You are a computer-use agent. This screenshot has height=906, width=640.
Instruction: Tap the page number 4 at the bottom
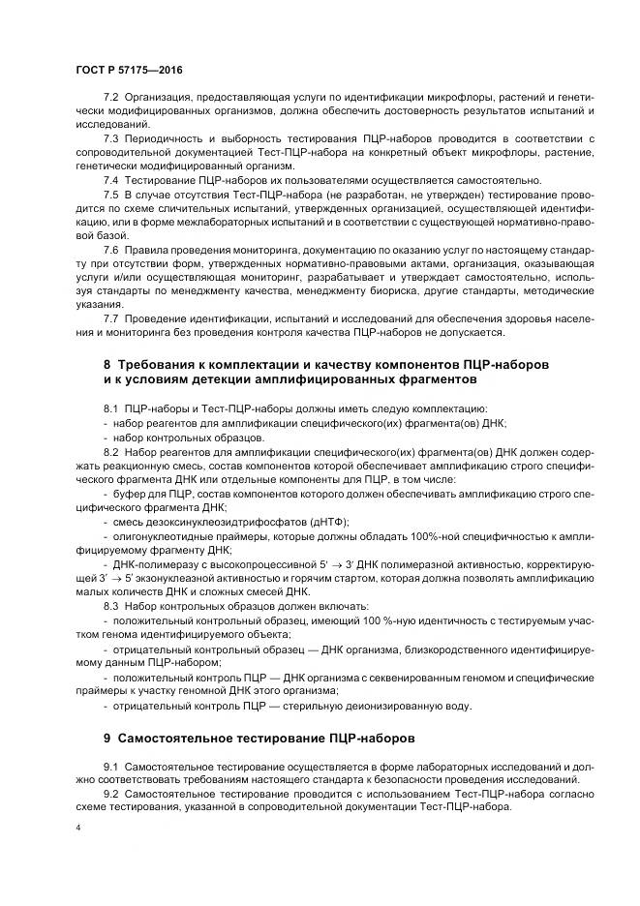(x=77, y=830)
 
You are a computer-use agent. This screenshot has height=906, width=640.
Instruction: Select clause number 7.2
(x=109, y=99)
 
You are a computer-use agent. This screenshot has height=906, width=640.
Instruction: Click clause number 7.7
(x=109, y=318)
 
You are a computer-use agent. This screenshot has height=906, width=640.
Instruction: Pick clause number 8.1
(x=109, y=409)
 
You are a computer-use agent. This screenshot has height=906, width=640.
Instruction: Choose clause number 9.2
(x=109, y=793)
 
